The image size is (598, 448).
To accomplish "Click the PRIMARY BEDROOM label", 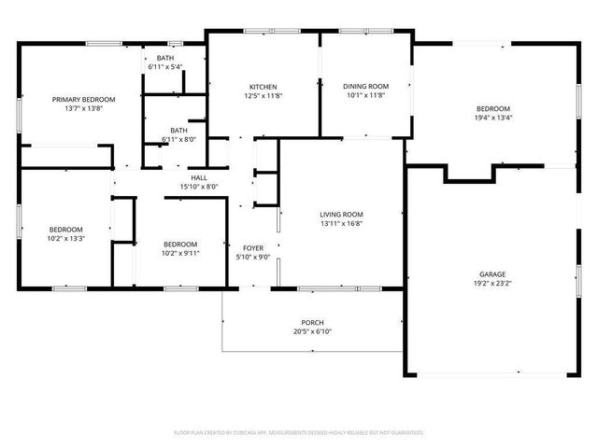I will coord(83,99).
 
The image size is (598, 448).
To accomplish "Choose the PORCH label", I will coord(312,322).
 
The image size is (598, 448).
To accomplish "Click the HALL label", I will coord(198,177).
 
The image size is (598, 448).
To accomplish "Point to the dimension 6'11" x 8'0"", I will coord(178,139).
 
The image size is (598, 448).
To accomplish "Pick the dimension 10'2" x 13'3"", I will coord(66,238).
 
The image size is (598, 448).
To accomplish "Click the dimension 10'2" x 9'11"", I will coord(180,253).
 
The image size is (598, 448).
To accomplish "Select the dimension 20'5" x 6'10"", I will coord(312,331).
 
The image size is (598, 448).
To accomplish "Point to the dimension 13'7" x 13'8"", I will coord(83,109).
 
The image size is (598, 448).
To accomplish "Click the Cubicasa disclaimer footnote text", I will coord(299,432).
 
